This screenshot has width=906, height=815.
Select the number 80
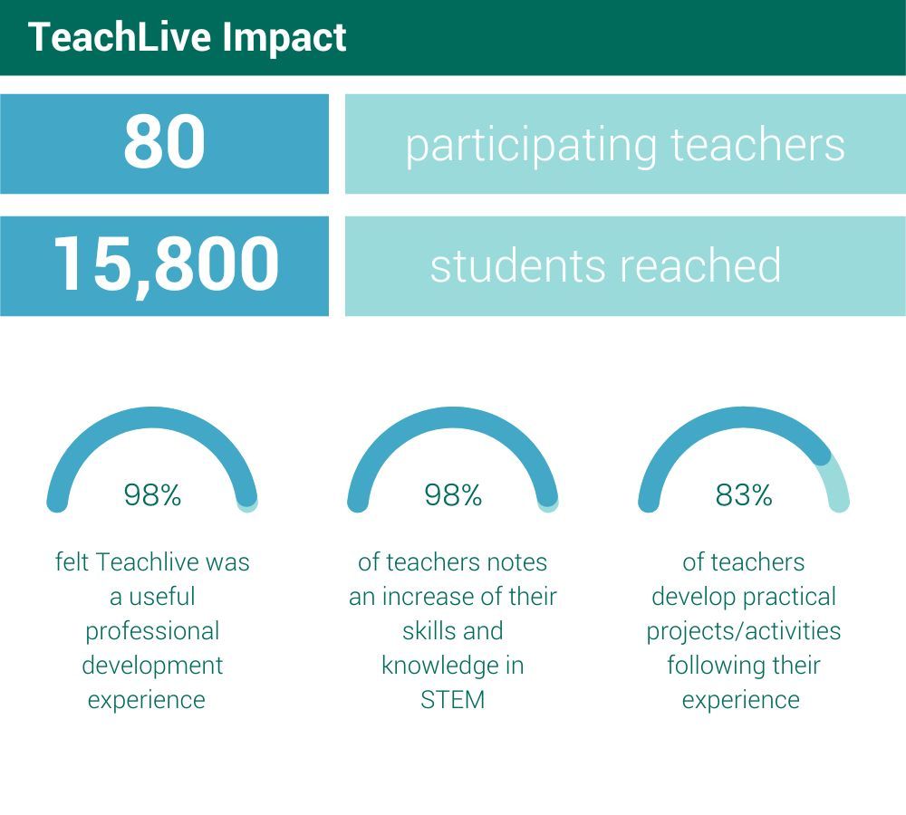165,141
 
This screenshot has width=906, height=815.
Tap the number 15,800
167,264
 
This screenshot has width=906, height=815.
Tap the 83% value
744,495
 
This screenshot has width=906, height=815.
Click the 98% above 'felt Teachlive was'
152,495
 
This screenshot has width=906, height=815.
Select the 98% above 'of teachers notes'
453,495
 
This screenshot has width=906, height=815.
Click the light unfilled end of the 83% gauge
837,481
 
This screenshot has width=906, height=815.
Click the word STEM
452,700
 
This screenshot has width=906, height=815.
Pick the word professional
152,632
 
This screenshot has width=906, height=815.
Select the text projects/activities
744,631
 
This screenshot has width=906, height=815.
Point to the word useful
162,597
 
